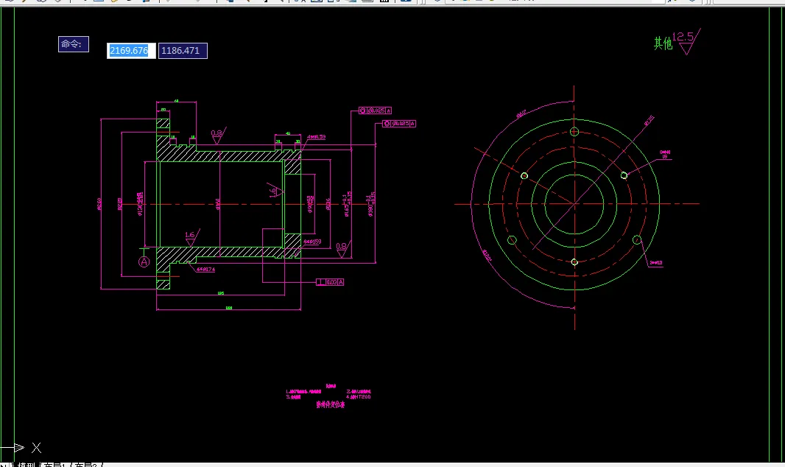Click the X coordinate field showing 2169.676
pyautogui.click(x=130, y=51)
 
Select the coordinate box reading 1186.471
pyautogui.click(x=183, y=51)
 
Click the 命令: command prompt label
pyautogui.click(x=73, y=44)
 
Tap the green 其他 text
pyautogui.click(x=663, y=43)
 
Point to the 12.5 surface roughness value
pyautogui.click(x=683, y=36)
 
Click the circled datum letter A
pyautogui.click(x=144, y=261)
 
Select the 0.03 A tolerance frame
pyautogui.click(x=331, y=282)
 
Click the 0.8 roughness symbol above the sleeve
pyautogui.click(x=217, y=134)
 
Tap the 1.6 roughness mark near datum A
pyautogui.click(x=190, y=236)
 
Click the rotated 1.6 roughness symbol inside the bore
pyautogui.click(x=274, y=192)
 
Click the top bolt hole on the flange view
pyautogui.click(x=574, y=132)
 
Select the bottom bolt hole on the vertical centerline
pyautogui.click(x=574, y=262)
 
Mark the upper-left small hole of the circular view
pyautogui.click(x=524, y=175)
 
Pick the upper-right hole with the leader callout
pyautogui.click(x=624, y=175)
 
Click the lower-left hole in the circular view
pyautogui.click(x=513, y=240)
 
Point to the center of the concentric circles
pyautogui.click(x=574, y=203)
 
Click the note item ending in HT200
pyautogui.click(x=359, y=397)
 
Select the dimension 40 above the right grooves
pyautogui.click(x=287, y=134)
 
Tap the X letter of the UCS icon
pyautogui.click(x=36, y=447)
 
